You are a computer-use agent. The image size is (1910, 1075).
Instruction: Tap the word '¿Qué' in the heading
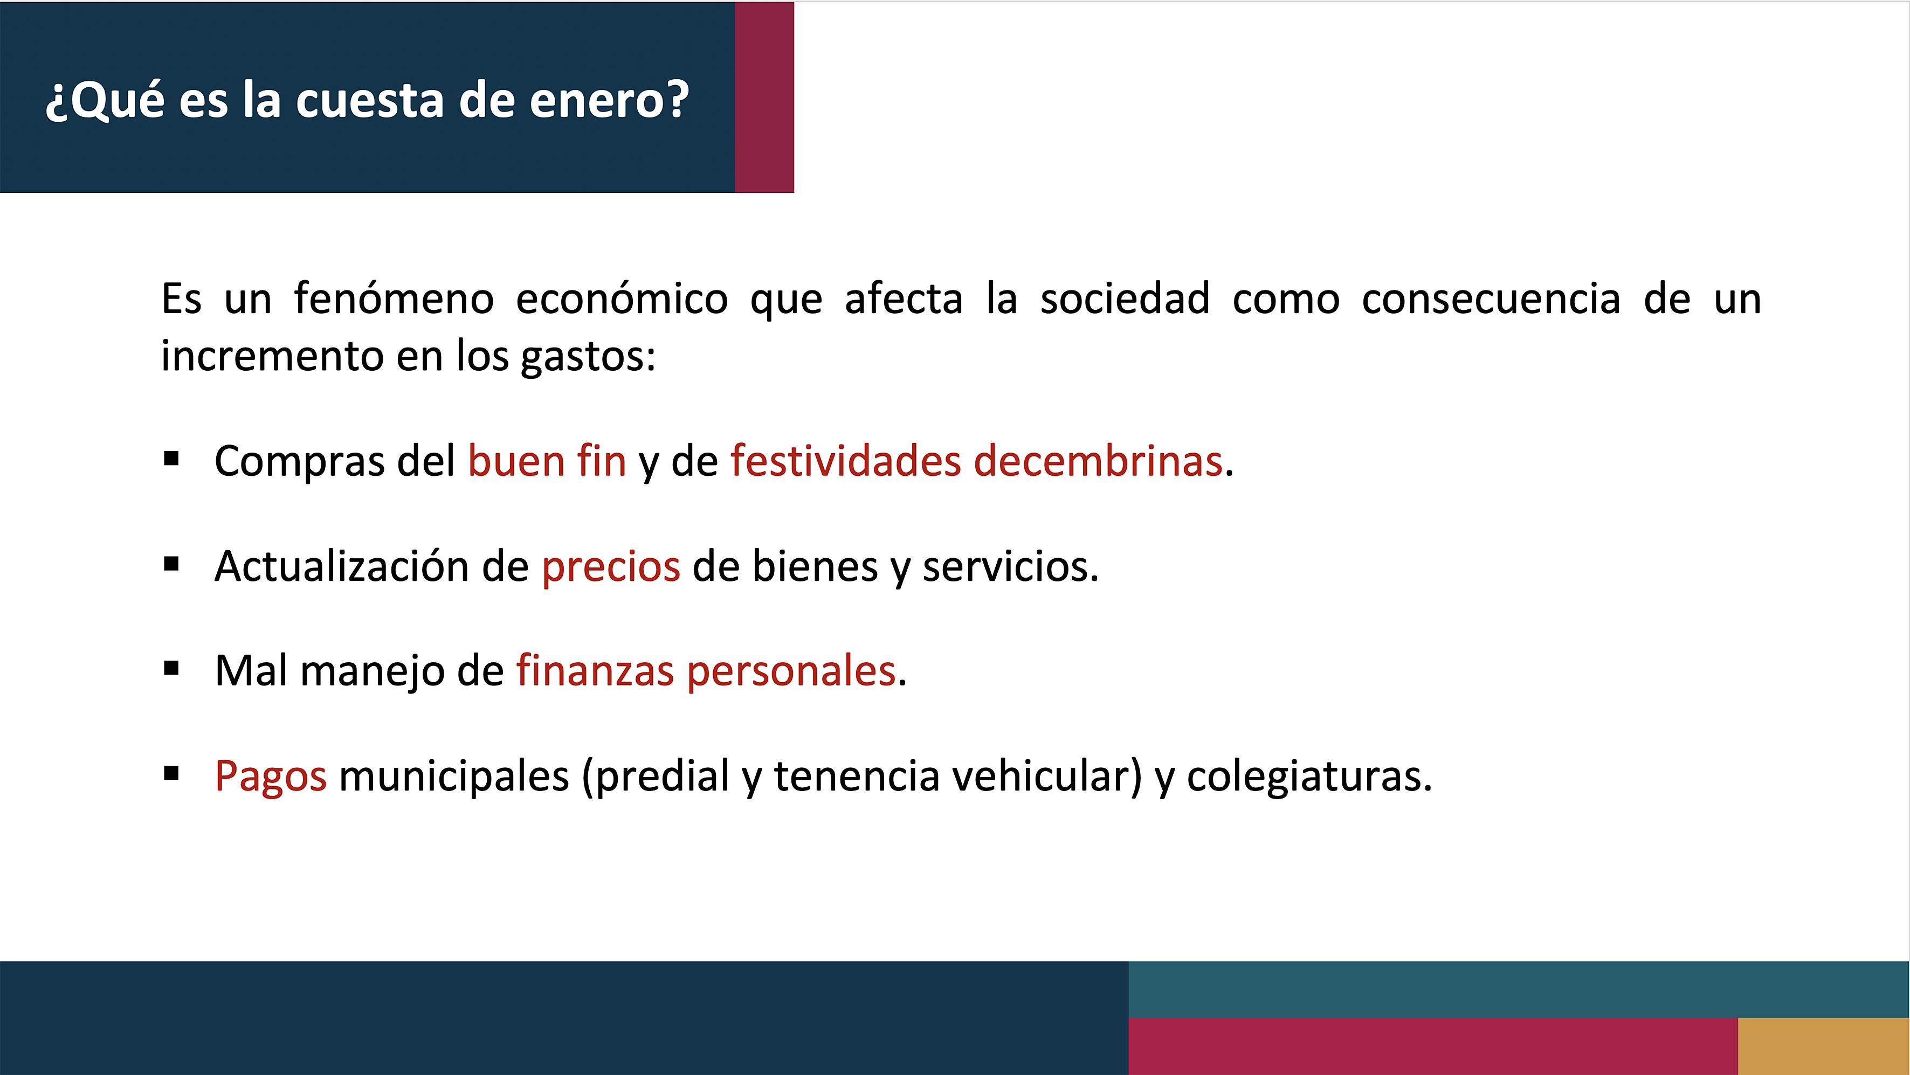(x=105, y=99)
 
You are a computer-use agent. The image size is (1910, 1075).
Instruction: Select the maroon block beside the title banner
(x=764, y=97)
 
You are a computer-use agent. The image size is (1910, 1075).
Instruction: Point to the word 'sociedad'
(x=1125, y=299)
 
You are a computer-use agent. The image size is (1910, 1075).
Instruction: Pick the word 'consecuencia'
(x=1491, y=299)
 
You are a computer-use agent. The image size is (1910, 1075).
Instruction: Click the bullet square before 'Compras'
(x=171, y=459)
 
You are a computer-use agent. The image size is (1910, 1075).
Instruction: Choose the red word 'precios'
(x=611, y=567)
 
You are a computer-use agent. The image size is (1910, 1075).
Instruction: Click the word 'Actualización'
(x=342, y=566)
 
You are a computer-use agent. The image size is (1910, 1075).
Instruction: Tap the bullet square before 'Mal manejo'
(x=171, y=669)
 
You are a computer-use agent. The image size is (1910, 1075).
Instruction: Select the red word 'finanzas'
(x=595, y=670)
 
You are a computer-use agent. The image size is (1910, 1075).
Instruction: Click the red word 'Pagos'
(x=271, y=777)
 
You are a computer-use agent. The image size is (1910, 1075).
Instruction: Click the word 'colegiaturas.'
(x=1309, y=777)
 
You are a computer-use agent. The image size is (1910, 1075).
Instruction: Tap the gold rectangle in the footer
(x=1823, y=1046)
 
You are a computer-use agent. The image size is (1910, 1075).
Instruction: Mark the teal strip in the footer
(x=1519, y=990)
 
